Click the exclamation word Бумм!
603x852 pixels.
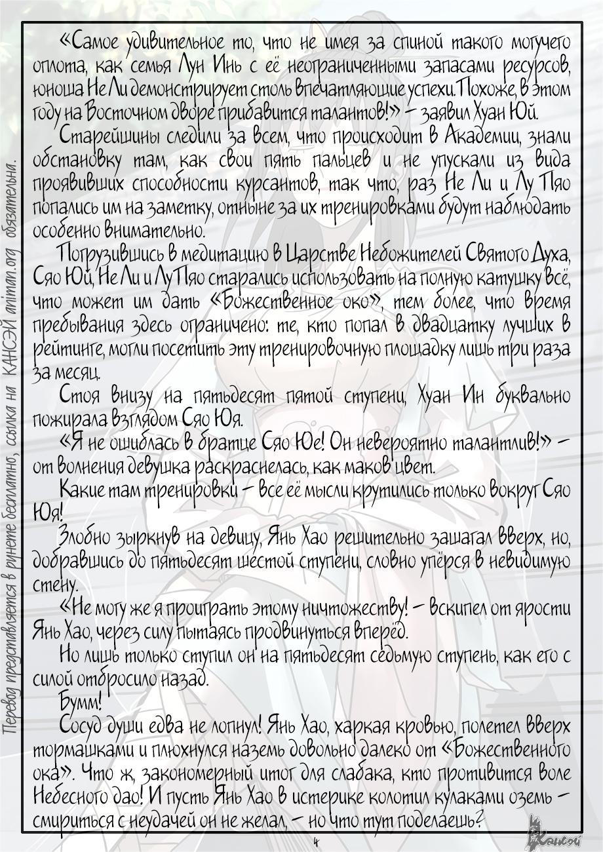pyautogui.click(x=80, y=703)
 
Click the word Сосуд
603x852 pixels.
pyautogui.click(x=82, y=726)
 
